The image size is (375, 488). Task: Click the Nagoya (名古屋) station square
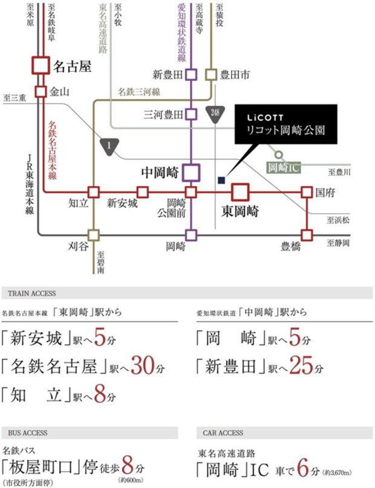(41, 65)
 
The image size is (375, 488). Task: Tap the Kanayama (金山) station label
(59, 92)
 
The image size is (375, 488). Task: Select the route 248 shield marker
(215, 114)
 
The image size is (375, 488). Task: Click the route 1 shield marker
(109, 146)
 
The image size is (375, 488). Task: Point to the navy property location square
(221, 180)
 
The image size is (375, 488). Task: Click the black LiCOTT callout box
(286, 124)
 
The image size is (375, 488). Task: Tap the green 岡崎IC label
(284, 168)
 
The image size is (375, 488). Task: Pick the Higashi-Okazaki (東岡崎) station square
(240, 192)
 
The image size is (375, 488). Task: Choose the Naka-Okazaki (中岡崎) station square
(191, 172)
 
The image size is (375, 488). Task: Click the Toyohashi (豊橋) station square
(307, 236)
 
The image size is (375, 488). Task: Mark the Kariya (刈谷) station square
(94, 236)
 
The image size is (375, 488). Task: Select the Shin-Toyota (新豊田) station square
(191, 75)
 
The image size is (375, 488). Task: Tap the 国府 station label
(325, 193)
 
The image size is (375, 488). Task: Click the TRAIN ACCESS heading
(32, 294)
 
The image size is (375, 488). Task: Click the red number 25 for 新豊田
(301, 365)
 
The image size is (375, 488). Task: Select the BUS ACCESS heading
(28, 433)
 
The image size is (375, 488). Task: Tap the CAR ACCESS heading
(223, 433)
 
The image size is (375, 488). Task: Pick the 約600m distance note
(131, 480)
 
